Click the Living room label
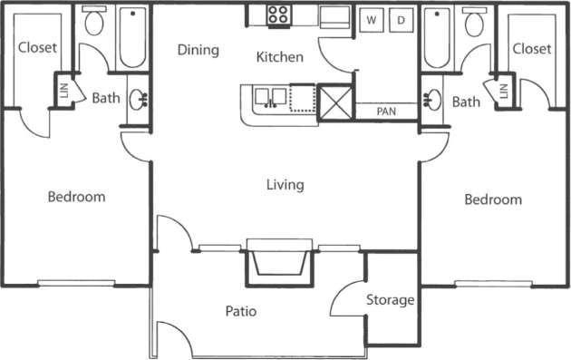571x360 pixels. [285, 185]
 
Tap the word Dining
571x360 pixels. [198, 50]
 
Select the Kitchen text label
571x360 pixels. [279, 57]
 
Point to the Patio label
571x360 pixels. [242, 311]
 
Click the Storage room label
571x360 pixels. [391, 299]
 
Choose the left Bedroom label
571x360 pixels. [76, 196]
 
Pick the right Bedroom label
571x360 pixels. [493, 199]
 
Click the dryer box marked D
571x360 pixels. [402, 19]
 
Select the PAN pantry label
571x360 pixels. [387, 112]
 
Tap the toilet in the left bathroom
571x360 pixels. [93, 24]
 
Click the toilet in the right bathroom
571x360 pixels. [474, 24]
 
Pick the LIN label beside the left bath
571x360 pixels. [63, 91]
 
